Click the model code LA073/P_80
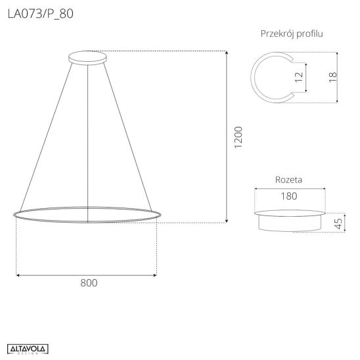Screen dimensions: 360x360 (x=41, y=14)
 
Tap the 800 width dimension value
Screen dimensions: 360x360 (x=89, y=283)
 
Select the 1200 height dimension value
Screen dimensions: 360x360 (x=238, y=137)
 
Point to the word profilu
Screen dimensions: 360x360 (x=309, y=34)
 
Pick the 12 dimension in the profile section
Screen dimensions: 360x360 (x=299, y=77)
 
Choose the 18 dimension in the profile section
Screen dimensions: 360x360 (x=332, y=77)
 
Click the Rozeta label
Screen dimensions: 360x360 (x=288, y=179)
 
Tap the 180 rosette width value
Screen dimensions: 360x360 (x=289, y=196)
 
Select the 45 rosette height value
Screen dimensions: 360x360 (x=338, y=224)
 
